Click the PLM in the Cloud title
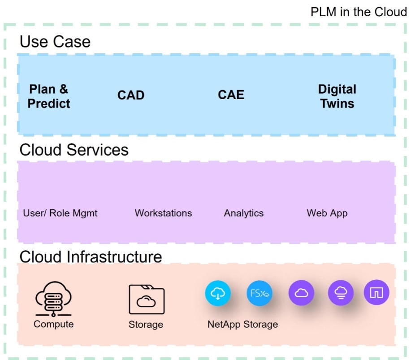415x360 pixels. click(x=359, y=12)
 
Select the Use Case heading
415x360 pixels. click(x=55, y=42)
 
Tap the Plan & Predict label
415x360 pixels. click(x=49, y=96)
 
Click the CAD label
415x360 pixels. click(x=131, y=95)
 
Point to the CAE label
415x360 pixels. click(x=231, y=95)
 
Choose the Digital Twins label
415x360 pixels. click(x=337, y=96)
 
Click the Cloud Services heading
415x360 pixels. click(x=74, y=150)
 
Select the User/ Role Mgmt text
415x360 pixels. click(x=60, y=213)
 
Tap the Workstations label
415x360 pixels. click(x=163, y=213)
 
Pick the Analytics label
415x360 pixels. click(x=244, y=213)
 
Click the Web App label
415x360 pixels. click(x=327, y=213)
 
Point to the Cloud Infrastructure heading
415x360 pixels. click(x=91, y=257)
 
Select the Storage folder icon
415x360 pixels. click(x=146, y=299)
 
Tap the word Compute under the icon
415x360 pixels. click(x=53, y=324)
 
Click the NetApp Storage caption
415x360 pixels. click(x=242, y=324)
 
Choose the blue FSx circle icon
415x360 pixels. click(x=259, y=294)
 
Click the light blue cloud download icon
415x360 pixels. click(x=218, y=294)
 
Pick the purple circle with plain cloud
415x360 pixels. click(x=301, y=293)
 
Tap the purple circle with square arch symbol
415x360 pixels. click(x=376, y=293)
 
